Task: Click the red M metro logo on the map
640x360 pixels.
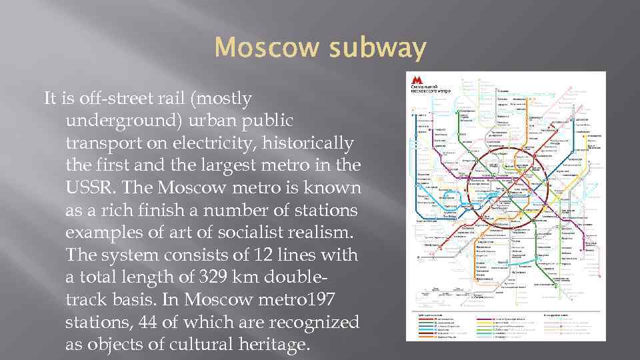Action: pos(417,79)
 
